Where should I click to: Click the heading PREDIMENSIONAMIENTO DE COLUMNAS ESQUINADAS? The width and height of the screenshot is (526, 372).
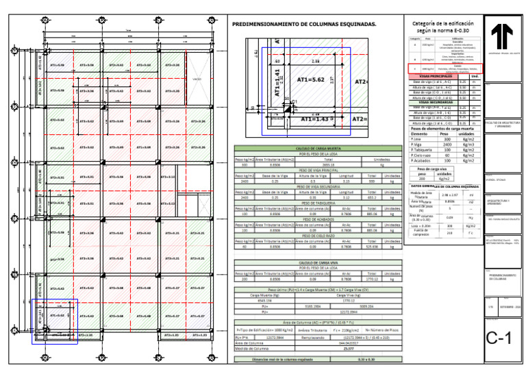pos(304,24)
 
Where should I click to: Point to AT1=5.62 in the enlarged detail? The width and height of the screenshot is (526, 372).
pos(314,79)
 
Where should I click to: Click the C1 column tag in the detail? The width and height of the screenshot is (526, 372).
pos(294,102)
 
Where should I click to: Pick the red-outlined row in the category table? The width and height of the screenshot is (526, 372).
pos(445,69)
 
